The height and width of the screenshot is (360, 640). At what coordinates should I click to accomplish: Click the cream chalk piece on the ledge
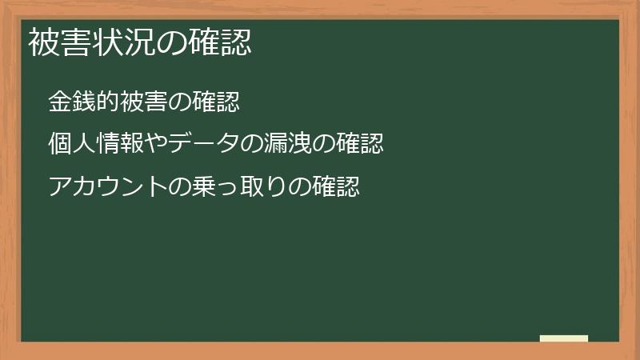tap(563, 338)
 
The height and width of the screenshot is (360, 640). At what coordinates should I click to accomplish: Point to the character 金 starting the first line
tap(59, 102)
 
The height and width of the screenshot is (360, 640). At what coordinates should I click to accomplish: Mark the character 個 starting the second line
tap(59, 145)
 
